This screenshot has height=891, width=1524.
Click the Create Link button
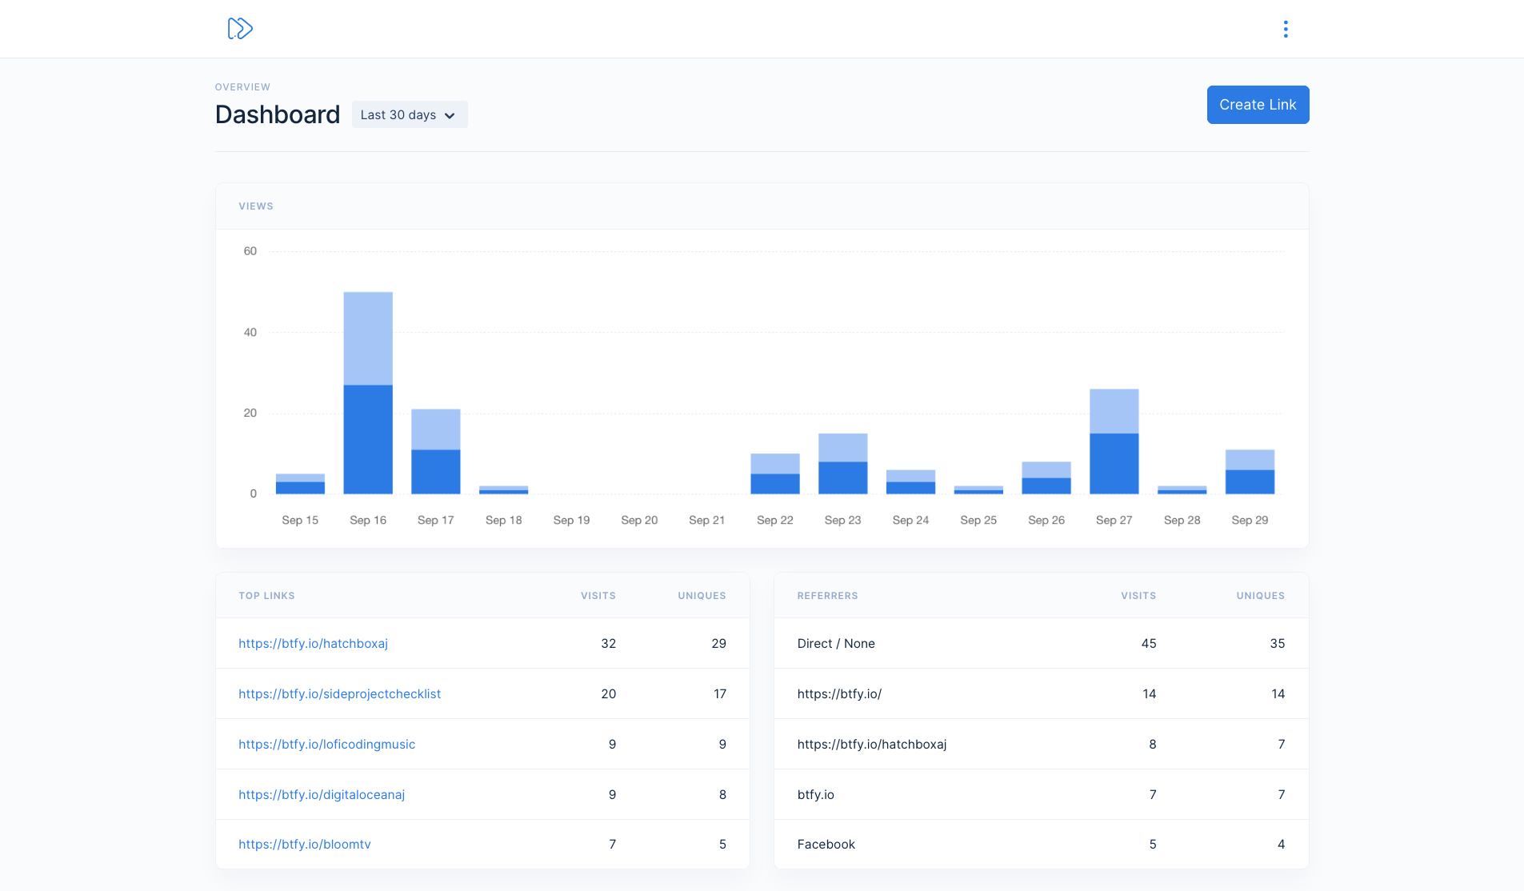1258,105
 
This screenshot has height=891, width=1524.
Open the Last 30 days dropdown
409,115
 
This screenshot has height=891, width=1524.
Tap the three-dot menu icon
1286,30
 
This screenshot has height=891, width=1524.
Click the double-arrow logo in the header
240,29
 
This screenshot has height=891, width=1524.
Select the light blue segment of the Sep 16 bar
368,338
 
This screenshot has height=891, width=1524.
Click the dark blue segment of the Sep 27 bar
1114,464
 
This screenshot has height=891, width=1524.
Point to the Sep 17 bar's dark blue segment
436,472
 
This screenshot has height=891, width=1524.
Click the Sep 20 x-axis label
639,520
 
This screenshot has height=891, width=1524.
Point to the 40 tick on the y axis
250,333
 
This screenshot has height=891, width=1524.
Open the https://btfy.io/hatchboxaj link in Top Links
313,644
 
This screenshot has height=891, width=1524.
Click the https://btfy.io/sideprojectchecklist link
339,694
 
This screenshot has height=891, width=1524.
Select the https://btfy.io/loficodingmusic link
326,745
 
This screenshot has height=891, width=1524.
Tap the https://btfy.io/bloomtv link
305,845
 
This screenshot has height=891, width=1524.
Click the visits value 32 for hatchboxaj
608,644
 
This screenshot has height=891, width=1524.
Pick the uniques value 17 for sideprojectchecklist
720,694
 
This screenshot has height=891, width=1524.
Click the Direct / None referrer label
836,644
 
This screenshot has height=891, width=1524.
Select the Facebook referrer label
826,845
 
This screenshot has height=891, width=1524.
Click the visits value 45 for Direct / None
1149,644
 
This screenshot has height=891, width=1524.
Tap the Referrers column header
827,596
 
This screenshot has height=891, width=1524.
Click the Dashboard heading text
278,115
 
